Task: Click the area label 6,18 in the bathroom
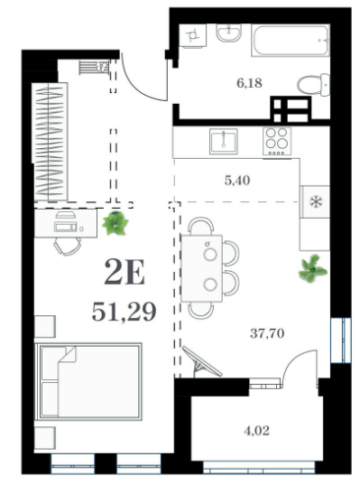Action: coord(250,83)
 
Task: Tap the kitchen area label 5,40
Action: coord(237,181)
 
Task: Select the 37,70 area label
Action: coord(267,333)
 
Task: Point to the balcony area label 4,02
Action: coord(256,431)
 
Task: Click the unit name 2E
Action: coord(125,272)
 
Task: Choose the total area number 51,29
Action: coord(124,312)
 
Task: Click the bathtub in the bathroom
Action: coord(291,41)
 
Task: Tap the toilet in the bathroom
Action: coord(314,84)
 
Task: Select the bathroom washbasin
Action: coord(229,33)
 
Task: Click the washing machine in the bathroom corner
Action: coord(192,36)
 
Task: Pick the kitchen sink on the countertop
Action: coord(224,141)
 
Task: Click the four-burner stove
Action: coord(277,141)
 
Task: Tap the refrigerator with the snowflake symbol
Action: coord(315,201)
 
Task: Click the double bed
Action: coord(88,381)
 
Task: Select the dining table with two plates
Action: coord(202,268)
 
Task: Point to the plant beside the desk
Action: coord(115,223)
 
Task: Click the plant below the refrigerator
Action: coord(312,269)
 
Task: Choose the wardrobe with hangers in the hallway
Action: coord(50,142)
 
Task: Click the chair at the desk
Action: coord(67,246)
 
